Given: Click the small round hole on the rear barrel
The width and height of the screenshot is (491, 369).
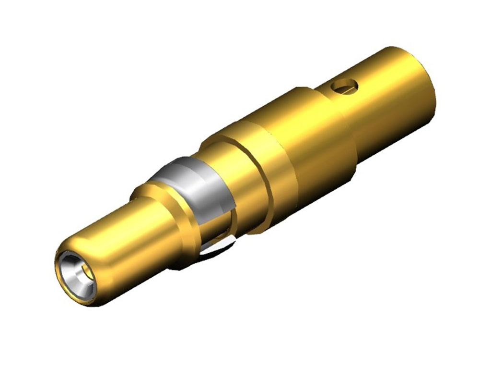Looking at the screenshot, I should click(346, 86).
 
